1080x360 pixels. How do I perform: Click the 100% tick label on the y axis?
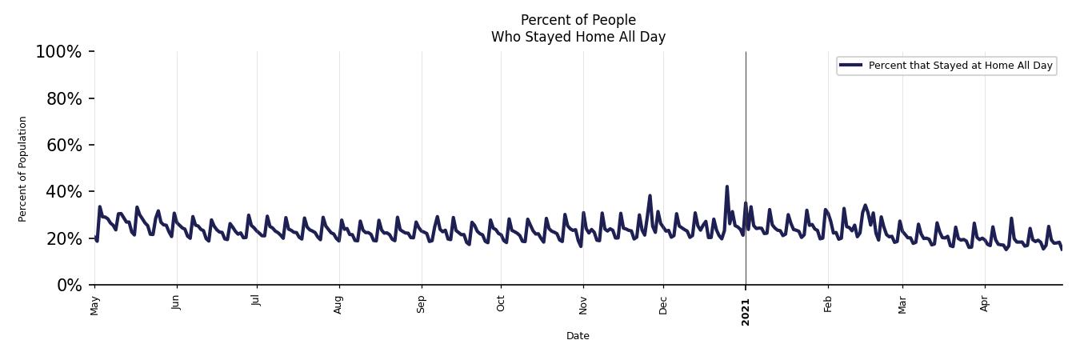(58, 52)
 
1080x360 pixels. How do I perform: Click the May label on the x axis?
(95, 305)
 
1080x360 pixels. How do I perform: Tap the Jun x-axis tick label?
(177, 304)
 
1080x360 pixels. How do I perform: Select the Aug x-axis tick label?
(339, 305)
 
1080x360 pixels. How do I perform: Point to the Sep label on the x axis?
(422, 304)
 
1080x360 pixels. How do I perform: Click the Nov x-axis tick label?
(583, 305)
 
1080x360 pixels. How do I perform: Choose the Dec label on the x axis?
(663, 305)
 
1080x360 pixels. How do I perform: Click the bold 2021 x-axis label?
(746, 307)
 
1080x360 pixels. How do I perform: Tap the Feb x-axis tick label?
(828, 304)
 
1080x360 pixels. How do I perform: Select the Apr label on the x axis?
(985, 304)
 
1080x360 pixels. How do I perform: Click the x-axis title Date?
(578, 336)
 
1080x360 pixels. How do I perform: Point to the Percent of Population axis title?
(23, 169)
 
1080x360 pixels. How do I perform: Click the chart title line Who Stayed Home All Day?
(578, 37)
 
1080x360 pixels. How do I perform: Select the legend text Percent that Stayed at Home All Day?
(960, 66)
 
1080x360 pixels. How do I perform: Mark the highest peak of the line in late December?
(726, 186)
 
